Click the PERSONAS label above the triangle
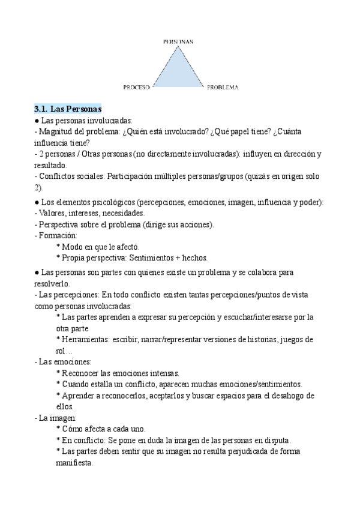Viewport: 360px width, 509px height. tap(178, 41)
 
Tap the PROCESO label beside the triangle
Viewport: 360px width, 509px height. tap(136, 87)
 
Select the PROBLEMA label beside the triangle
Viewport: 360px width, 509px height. tap(223, 87)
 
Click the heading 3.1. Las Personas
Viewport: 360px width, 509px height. tap(68, 109)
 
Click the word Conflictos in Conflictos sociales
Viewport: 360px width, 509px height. tap(56, 176)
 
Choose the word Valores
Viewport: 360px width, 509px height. tap(52, 213)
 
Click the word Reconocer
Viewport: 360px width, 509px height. tap(81, 373)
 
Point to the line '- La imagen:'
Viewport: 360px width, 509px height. tap(53, 418)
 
